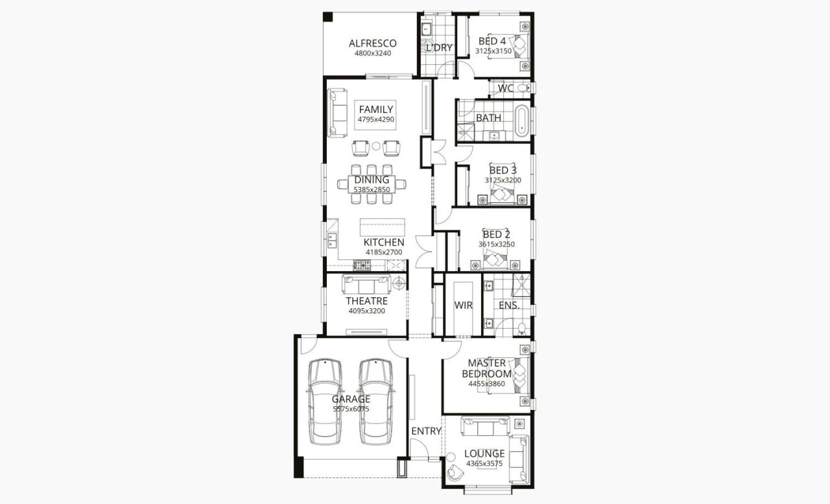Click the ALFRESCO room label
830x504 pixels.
point(372,43)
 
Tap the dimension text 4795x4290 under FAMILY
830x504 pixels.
point(376,120)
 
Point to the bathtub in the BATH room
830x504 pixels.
point(523,121)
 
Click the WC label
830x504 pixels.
point(506,88)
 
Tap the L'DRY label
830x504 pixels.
point(438,47)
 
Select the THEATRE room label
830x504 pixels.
point(366,301)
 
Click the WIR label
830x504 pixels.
point(463,305)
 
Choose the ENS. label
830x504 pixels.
point(509,305)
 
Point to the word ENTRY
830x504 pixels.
point(426,431)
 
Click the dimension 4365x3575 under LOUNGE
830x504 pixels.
point(484,464)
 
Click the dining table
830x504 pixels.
point(372,184)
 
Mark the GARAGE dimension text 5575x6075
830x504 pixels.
point(351,409)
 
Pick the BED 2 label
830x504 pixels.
point(497,234)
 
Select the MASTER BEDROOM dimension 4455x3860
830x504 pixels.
point(486,384)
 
